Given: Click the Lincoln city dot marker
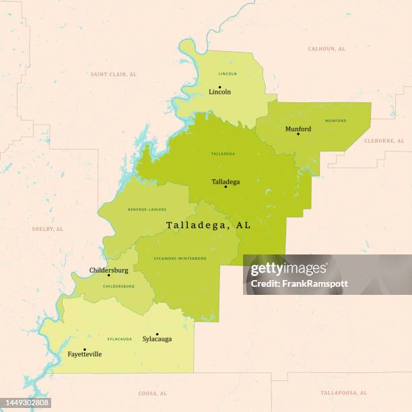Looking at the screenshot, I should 219,86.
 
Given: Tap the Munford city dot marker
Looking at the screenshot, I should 298,134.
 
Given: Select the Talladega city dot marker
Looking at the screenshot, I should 226,186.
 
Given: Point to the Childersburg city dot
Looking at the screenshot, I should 108,275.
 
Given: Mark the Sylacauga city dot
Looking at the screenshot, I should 157,334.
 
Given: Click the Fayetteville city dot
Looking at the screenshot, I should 84,349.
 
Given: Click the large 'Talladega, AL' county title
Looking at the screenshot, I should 208,226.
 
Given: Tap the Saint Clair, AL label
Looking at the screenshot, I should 113,74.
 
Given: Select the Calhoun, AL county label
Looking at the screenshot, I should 327,49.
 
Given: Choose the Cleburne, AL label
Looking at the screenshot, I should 384,141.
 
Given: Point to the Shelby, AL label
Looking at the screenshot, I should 47,229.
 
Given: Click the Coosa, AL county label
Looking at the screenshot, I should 152,393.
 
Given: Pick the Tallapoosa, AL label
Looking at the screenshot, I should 343,392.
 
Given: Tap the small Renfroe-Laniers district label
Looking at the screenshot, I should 147,209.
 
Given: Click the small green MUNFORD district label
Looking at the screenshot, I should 335,121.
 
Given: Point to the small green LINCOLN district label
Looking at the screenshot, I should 228,73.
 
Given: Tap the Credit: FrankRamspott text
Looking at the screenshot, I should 299,283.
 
